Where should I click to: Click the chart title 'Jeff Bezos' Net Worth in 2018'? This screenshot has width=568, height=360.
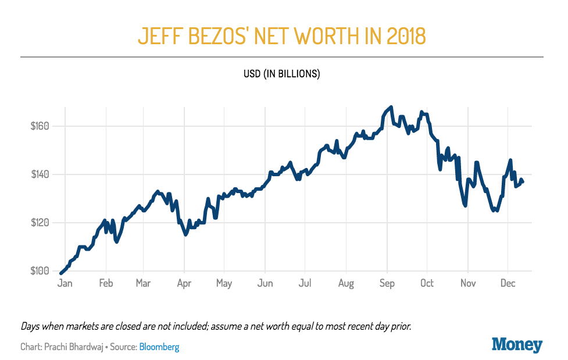tap(282, 35)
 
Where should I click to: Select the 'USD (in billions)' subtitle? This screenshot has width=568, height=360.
tap(282, 74)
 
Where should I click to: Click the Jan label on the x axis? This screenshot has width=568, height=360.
tap(65, 283)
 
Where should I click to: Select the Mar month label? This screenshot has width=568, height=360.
tap(143, 283)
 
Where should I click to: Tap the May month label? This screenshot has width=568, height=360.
tap(224, 283)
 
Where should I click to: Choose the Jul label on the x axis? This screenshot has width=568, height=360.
tap(305, 283)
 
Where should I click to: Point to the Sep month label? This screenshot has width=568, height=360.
tap(387, 283)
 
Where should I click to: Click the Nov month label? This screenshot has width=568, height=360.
tap(468, 283)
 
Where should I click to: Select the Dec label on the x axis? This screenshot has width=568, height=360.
tap(508, 283)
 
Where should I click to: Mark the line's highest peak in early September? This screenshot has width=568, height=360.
tap(391, 107)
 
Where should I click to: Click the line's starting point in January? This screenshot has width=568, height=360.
tap(61, 273)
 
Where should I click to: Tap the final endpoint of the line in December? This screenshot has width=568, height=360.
tap(523, 182)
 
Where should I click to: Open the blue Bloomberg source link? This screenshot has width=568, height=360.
tap(159, 347)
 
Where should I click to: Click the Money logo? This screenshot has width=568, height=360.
tap(517, 344)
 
